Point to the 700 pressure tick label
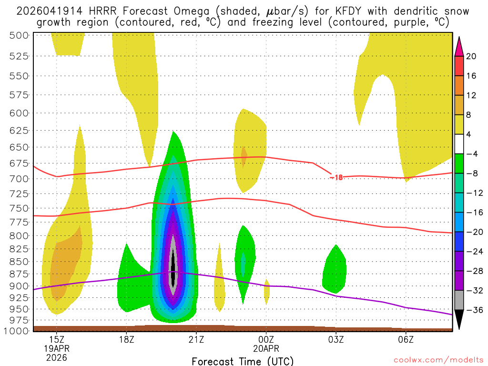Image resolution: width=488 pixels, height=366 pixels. pyautogui.click(x=19, y=179)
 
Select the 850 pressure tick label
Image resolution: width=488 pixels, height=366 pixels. pyautogui.click(x=19, y=262)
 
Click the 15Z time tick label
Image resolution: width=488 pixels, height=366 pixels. pyautogui.click(x=57, y=339)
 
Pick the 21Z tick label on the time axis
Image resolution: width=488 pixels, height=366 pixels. pyautogui.click(x=196, y=339)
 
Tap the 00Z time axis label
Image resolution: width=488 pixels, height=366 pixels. pyautogui.click(x=266, y=339)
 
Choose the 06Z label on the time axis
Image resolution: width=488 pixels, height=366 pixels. pyautogui.click(x=406, y=339)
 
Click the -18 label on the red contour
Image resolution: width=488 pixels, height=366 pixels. pyautogui.click(x=336, y=177)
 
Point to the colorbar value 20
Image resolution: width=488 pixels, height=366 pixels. pyautogui.click(x=471, y=56)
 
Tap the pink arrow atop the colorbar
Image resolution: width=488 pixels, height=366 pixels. pyautogui.click(x=459, y=46)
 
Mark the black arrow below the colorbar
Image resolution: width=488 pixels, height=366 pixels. pyautogui.click(x=459, y=320)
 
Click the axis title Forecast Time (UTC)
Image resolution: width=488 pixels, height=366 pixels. pyautogui.click(x=243, y=361)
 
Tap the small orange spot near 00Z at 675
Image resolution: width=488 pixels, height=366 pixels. pyautogui.click(x=244, y=156)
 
